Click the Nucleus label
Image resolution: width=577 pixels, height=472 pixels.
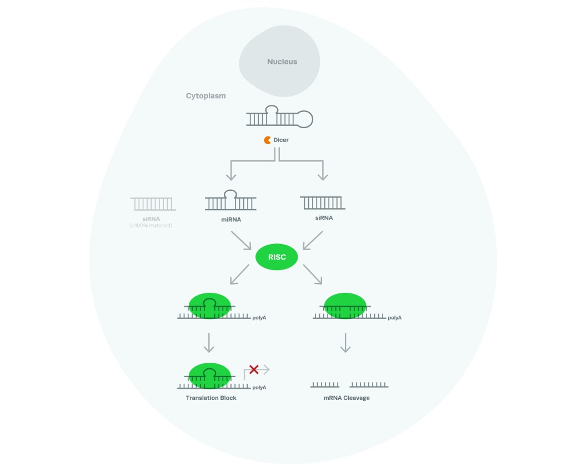(282, 62)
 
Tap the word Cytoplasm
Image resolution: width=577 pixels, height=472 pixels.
(205, 96)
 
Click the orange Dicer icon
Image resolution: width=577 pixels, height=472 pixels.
(268, 140)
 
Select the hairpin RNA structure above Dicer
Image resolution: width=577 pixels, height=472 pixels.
(279, 117)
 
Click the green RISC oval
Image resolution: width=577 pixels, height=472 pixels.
(277, 257)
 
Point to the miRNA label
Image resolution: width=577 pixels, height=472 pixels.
(230, 220)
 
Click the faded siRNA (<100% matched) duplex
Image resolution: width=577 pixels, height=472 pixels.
(153, 204)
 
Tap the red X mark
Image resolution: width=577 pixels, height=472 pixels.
(254, 369)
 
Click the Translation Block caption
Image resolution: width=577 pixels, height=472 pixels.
(211, 398)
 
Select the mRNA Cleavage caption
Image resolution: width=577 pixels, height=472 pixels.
(347, 398)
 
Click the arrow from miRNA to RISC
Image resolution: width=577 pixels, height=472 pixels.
(242, 241)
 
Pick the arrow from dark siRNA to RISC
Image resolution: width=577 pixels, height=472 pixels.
(313, 241)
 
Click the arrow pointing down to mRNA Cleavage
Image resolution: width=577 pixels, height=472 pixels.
(345, 342)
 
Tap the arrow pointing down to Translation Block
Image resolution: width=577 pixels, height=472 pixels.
(209, 342)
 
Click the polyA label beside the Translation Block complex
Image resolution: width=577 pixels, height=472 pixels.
(259, 387)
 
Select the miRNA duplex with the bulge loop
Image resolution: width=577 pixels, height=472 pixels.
(230, 201)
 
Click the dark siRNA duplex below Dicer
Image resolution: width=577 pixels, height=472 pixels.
(322, 202)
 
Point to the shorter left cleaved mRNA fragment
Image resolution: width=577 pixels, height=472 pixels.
(325, 384)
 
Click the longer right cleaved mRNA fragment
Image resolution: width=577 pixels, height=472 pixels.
(369, 384)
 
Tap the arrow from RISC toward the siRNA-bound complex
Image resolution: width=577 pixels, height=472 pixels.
(313, 275)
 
